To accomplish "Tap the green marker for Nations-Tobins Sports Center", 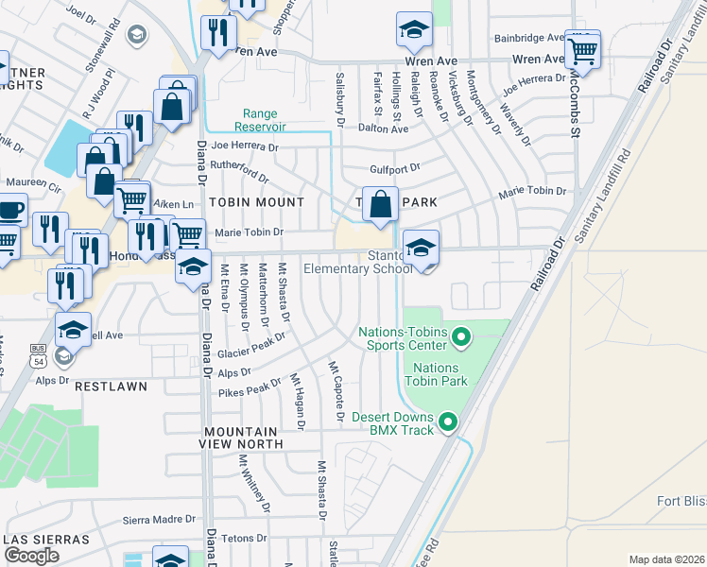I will [461, 336].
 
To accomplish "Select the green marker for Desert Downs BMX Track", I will [448, 422].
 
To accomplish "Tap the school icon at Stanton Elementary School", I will [422, 249].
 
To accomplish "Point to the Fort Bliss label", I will [681, 501].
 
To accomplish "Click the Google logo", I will [31, 556].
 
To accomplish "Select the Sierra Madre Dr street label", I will [159, 520].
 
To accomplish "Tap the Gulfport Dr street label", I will [394, 167].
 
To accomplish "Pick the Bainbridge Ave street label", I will [529, 39].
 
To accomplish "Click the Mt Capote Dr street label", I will [336, 389].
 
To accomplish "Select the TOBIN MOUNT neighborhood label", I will [256, 202].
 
